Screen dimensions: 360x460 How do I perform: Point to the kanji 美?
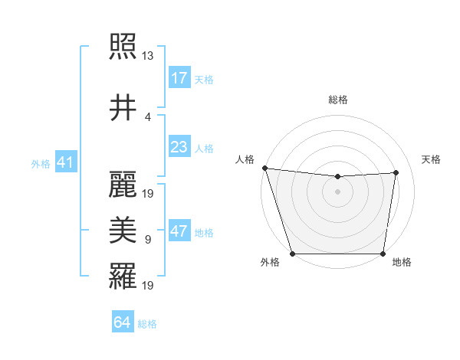(123, 228)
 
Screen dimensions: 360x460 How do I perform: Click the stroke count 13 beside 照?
(148, 56)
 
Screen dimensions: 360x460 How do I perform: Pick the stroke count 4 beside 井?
(148, 117)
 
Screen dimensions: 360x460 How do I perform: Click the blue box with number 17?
(179, 78)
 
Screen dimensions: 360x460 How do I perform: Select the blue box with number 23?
(179, 146)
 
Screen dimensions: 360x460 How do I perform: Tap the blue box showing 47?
(179, 232)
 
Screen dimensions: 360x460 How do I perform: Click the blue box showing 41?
(65, 163)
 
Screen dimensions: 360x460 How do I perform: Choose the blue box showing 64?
(123, 322)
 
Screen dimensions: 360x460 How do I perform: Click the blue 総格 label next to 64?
(147, 324)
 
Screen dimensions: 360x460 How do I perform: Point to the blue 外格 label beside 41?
(41, 164)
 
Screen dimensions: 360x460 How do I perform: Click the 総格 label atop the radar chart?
(338, 100)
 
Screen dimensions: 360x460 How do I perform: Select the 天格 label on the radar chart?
(431, 159)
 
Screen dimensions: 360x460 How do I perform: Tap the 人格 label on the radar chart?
(245, 159)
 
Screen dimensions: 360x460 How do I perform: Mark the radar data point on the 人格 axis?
(264, 168)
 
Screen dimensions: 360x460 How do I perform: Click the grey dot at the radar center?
(338, 191)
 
